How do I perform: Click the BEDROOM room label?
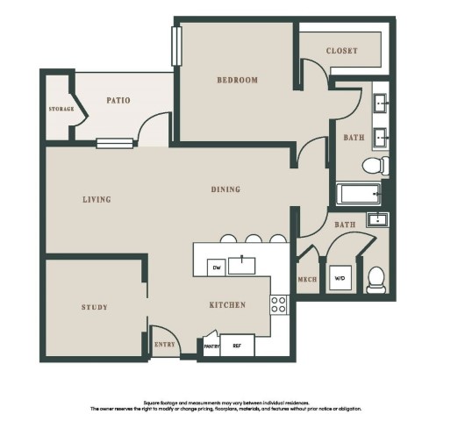[x=237, y=80]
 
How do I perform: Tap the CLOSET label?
[x=341, y=51]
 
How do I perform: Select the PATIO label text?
[x=118, y=100]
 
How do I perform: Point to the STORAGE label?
[x=61, y=109]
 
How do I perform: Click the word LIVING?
[x=97, y=199]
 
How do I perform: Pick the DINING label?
[x=225, y=189]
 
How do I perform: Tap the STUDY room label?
[x=94, y=307]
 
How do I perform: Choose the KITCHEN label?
[x=227, y=304]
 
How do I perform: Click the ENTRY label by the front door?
[x=165, y=345]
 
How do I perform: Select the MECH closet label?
[x=307, y=280]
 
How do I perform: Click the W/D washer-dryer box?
[x=340, y=278]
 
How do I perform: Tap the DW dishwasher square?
[x=217, y=268]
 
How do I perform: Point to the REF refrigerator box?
[x=237, y=346]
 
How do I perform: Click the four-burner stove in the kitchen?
[x=279, y=304]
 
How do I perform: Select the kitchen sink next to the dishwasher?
[x=241, y=266]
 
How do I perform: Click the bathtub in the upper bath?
[x=359, y=194]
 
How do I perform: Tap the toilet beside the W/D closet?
[x=376, y=280]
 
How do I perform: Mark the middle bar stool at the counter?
[x=254, y=239]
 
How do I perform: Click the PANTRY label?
[x=211, y=346]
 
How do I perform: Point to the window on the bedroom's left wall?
[x=176, y=46]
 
